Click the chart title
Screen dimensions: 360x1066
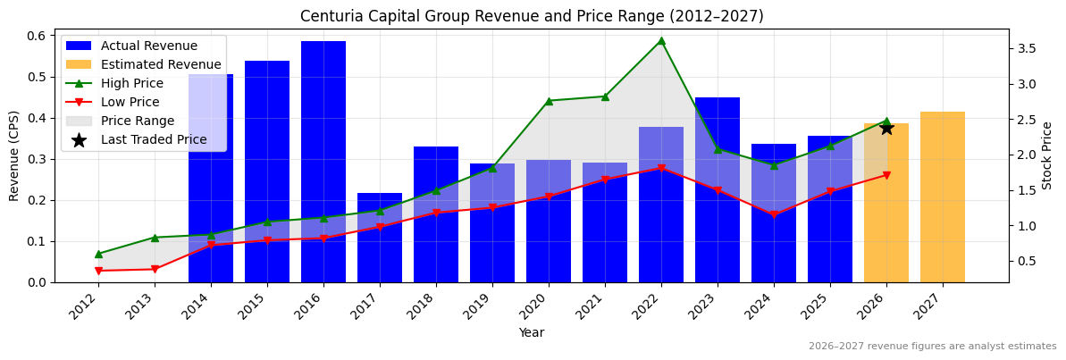pyautogui.click(x=532, y=16)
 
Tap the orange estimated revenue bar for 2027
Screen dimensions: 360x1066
pyautogui.click(x=943, y=197)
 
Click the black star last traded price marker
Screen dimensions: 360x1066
pyautogui.click(x=886, y=128)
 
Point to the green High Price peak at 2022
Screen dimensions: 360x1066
pyautogui.click(x=661, y=40)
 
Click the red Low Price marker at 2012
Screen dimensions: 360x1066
pyautogui.click(x=98, y=271)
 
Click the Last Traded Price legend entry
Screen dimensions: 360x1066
pyautogui.click(x=153, y=139)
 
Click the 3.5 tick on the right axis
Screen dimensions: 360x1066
pyautogui.click(x=1028, y=48)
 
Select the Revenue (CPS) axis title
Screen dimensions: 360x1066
pyautogui.click(x=14, y=155)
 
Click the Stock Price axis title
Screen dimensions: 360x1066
pyautogui.click(x=1047, y=155)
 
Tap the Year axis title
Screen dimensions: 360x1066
pyautogui.click(x=532, y=332)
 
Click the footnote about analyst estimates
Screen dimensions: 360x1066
pyautogui.click(x=932, y=347)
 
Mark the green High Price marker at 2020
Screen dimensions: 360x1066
pyautogui.click(x=549, y=101)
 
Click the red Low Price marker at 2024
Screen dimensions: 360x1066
pyautogui.click(x=774, y=215)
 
